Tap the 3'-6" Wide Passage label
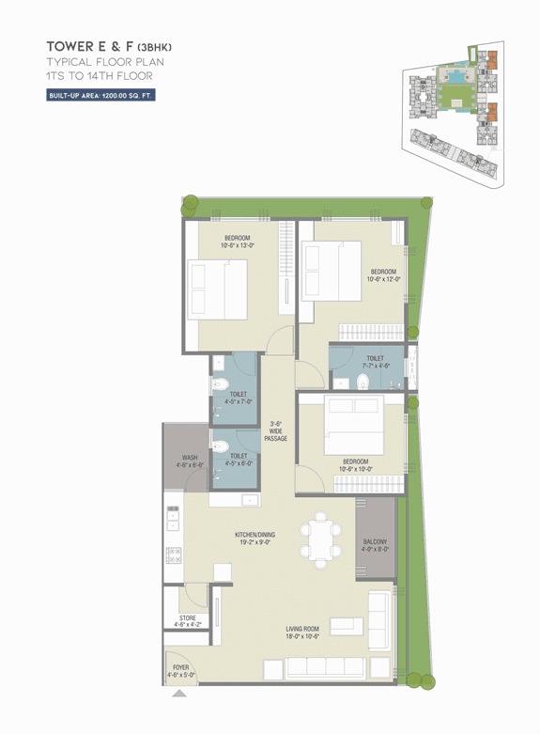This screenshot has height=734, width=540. tap(276, 431)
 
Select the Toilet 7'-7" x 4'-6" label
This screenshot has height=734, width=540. tap(375, 362)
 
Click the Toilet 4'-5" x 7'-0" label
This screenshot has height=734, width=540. tap(238, 398)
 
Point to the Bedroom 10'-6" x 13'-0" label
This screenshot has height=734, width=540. tap(237, 241)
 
